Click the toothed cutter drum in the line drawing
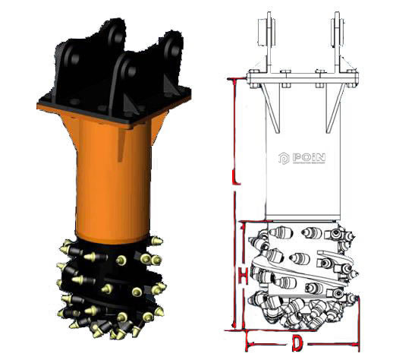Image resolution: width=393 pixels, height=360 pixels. point(301,277)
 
